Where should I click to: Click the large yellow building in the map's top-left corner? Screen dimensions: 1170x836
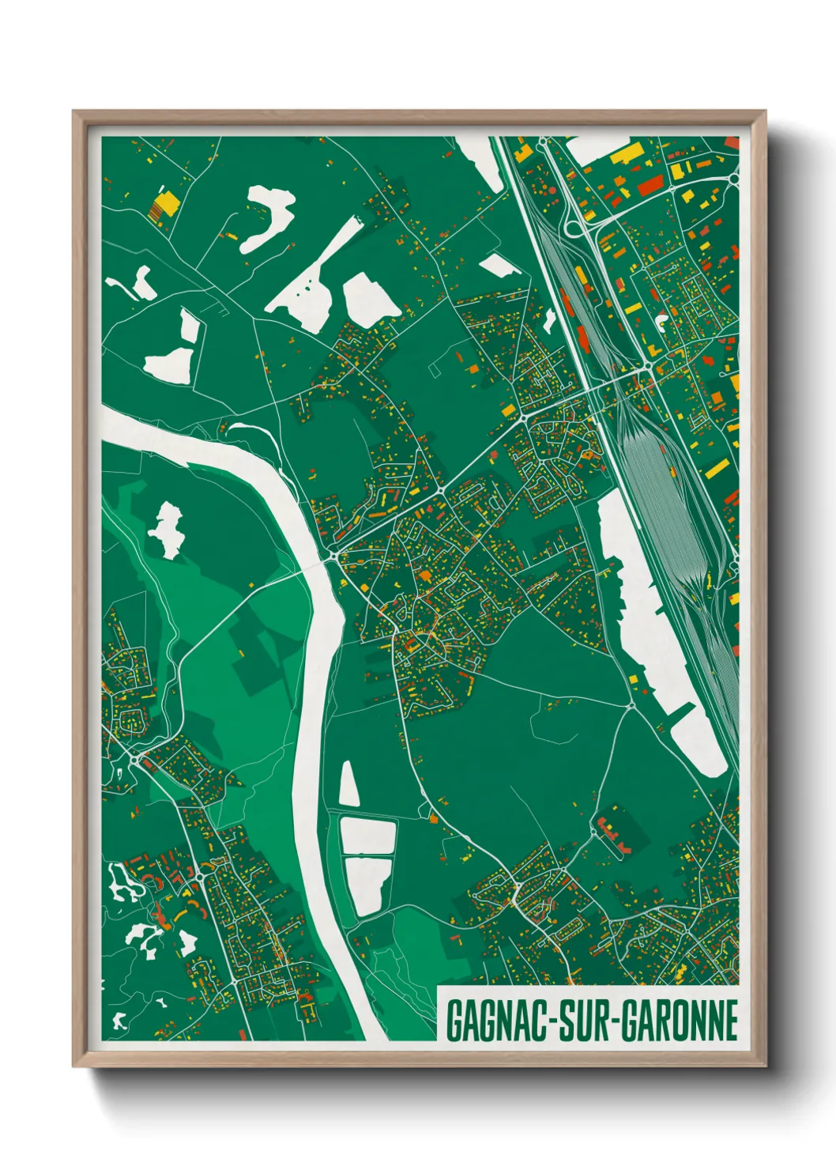(x=165, y=205)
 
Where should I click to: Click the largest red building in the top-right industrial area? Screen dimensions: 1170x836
(x=650, y=185)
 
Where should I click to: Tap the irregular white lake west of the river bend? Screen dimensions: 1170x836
(x=167, y=530)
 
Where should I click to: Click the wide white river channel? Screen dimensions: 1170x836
(x=316, y=711)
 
